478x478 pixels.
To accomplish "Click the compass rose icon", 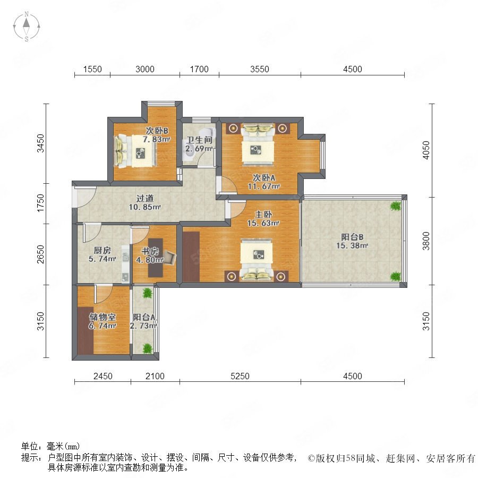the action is [27, 27].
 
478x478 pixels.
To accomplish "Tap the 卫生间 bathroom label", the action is [199, 140].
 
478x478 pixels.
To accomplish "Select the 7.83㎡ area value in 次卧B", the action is [156, 140].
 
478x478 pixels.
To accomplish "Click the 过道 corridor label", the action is [144, 199].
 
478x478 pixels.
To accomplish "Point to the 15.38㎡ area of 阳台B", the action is [352, 246].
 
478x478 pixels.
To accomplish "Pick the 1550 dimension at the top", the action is [92, 69].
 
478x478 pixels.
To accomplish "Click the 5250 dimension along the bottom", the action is [240, 376].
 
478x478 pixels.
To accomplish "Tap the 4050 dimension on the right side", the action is [426, 150].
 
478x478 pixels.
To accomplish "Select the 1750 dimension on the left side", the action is [40, 203].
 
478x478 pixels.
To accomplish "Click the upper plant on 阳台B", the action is [395, 206].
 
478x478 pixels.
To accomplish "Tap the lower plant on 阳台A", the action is [147, 348].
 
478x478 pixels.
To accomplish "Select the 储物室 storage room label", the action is [103, 317].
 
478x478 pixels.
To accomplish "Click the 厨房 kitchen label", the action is [102, 251].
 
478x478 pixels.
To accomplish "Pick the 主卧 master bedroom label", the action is [263, 215].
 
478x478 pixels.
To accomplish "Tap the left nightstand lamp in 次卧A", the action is [234, 129].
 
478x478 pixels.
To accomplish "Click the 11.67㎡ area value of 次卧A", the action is [263, 186].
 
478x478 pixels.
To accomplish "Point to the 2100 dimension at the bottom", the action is [155, 376].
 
